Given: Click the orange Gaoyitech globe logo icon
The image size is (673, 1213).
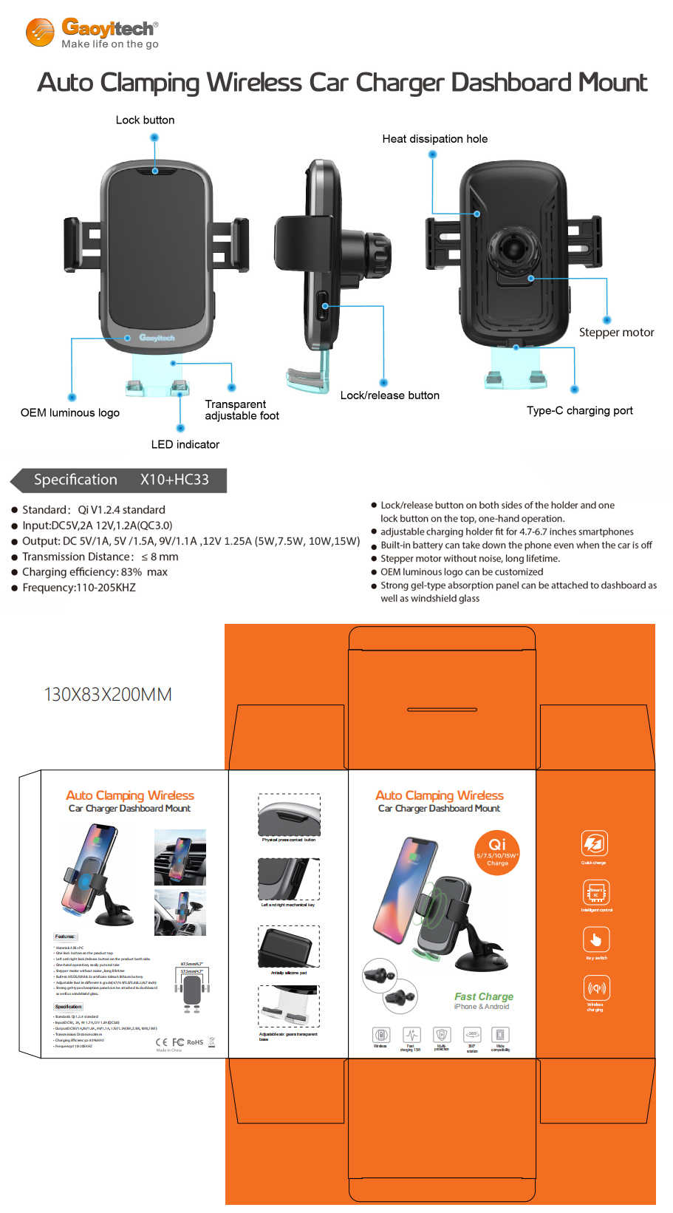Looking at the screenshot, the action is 40,33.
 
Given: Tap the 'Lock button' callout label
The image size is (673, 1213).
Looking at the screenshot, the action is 145,120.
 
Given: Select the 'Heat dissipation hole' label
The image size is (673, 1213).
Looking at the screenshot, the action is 434,139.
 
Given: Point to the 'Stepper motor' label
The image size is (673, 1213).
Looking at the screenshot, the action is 616,333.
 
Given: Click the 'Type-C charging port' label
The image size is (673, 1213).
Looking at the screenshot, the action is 579,410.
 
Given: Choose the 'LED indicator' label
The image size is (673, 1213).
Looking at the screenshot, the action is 185,444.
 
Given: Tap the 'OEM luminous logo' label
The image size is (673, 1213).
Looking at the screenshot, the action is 70,412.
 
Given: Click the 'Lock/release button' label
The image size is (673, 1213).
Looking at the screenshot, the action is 389,395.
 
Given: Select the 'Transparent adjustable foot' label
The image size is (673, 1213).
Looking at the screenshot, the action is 241,410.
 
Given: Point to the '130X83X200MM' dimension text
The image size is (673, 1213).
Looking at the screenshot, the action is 108,694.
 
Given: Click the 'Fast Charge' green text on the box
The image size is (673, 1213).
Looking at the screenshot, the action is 483,996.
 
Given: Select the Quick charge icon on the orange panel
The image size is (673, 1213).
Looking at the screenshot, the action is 595,843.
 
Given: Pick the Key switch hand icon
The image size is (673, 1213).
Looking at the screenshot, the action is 595,940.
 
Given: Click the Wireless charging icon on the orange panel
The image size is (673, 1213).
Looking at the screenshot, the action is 596,988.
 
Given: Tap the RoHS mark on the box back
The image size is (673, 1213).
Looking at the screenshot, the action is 195,1042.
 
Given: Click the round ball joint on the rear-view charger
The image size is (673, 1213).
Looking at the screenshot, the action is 516,246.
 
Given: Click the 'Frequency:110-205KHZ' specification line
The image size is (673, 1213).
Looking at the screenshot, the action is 79,588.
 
